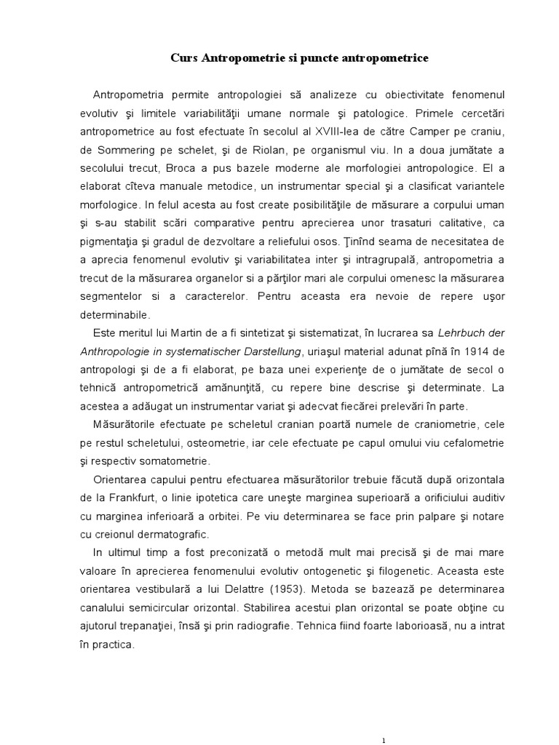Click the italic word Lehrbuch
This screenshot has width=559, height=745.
(461, 333)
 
